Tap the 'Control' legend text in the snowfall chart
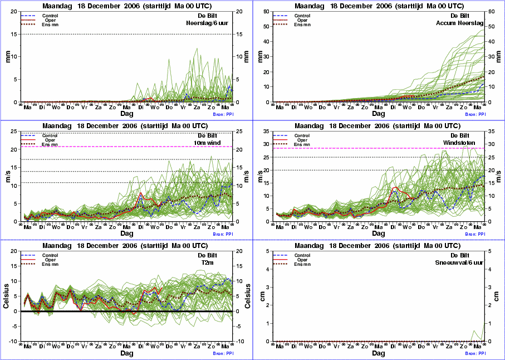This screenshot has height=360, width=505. (302, 255)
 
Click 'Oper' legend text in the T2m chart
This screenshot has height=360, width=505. (50, 260)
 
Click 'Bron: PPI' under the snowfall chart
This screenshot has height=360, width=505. (474, 353)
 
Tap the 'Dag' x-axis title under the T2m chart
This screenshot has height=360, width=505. (126, 353)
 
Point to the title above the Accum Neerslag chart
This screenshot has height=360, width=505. (378, 5)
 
